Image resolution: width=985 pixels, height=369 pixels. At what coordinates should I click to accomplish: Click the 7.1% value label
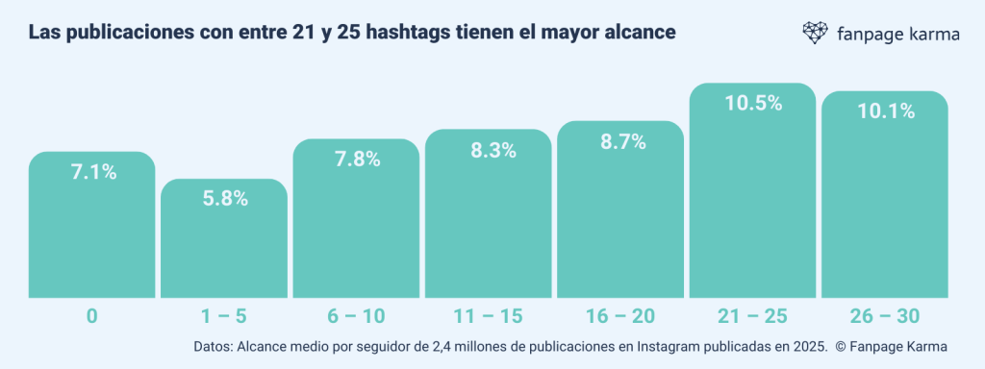coord(93,173)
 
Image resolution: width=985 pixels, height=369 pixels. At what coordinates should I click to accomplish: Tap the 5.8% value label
coord(224,200)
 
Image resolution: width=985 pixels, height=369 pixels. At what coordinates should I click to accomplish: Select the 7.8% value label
coord(356,160)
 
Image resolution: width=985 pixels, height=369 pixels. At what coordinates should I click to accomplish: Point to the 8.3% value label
coord(489,151)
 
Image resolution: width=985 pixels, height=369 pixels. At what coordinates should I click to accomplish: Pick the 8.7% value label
coord(620,141)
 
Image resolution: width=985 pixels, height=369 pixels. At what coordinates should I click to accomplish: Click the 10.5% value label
coord(752,104)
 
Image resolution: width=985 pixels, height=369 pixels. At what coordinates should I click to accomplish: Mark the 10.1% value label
coord(885,111)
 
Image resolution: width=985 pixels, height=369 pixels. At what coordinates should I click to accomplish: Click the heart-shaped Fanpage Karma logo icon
coord(816,33)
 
